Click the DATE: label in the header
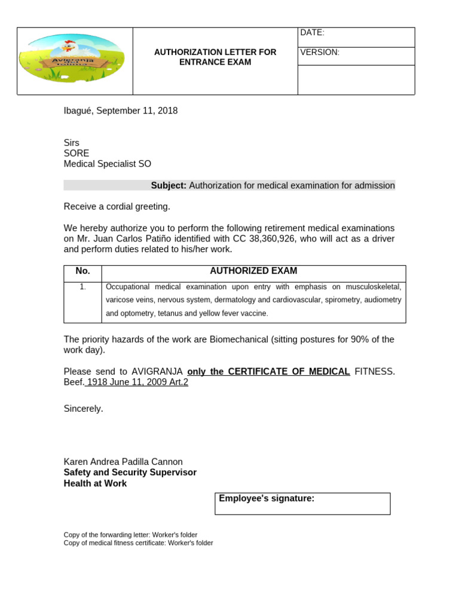312,33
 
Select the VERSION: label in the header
320,53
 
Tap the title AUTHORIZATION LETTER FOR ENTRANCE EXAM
215,57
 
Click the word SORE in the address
76,153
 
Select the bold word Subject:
169,185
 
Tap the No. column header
82,271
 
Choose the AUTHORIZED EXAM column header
253,271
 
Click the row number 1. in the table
82,287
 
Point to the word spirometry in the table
342,300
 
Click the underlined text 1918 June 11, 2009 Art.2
137,382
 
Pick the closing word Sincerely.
83,409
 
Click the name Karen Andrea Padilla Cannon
123,461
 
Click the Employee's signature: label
267,498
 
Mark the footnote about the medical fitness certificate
138,543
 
